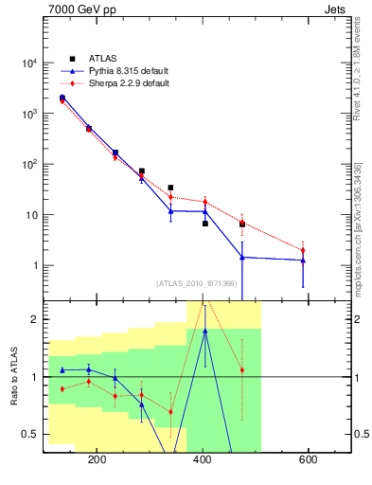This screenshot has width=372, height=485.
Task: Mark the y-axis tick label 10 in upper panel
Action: [x=32, y=215]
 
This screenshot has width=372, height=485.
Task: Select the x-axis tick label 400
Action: [x=203, y=459]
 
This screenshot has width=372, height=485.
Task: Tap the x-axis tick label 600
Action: [x=308, y=459]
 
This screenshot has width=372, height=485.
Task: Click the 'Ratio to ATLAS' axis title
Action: [x=13, y=376]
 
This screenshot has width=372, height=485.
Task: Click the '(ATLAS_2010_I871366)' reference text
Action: [x=197, y=282]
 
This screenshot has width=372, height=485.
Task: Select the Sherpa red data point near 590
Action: [x=303, y=251]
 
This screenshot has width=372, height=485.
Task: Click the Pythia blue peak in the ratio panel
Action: [x=204, y=331]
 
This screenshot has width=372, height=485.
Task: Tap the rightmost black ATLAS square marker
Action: [x=242, y=225]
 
